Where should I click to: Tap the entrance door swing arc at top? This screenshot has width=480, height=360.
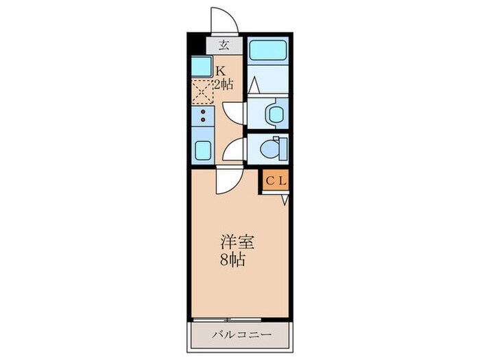[x=224, y=20]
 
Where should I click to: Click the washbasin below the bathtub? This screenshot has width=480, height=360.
[x=276, y=112]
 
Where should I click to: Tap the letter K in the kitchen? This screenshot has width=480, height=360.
[x=220, y=71]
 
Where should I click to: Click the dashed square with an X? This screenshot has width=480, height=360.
[x=202, y=92]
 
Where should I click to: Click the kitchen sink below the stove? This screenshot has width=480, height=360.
[x=202, y=150]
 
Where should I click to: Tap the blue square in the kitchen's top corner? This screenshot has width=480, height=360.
[x=201, y=67]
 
